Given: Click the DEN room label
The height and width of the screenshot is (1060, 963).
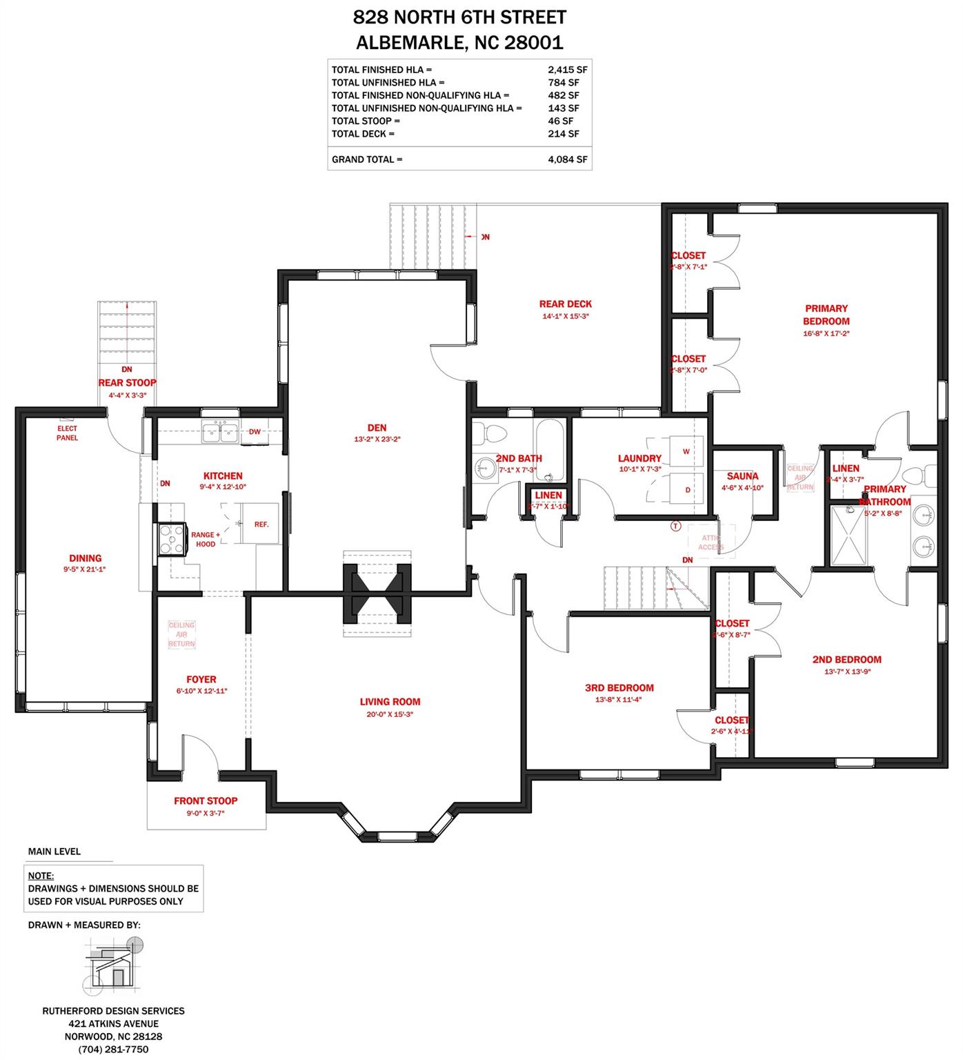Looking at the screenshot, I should tap(377, 427).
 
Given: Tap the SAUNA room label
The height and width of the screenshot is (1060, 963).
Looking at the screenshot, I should tap(742, 476).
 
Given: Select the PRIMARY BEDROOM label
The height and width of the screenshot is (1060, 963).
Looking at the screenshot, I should tap(826, 315).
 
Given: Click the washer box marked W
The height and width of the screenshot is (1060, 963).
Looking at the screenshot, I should tap(686, 451).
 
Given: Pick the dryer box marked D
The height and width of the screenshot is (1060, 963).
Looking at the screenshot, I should tap(687, 489).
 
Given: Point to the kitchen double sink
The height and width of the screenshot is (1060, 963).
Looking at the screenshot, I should tap(219, 433).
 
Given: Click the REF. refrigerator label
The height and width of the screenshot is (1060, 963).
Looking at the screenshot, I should tap(261, 524).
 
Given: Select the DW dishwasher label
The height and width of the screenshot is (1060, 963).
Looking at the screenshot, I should tap(255, 432).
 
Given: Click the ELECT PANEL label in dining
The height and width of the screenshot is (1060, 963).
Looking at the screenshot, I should tap(67, 433).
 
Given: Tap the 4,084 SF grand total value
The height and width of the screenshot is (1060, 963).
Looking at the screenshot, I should tap(567, 159).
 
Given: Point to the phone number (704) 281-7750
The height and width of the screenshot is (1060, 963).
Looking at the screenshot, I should tap(113, 1049).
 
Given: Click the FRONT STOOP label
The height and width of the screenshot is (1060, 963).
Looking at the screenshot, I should tap(206, 801).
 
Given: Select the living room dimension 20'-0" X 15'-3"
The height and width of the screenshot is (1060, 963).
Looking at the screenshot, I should tap(390, 714).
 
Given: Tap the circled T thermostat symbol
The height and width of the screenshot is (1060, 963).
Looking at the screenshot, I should tap(675, 527).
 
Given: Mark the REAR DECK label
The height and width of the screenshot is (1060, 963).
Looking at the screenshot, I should tap(565, 304).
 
